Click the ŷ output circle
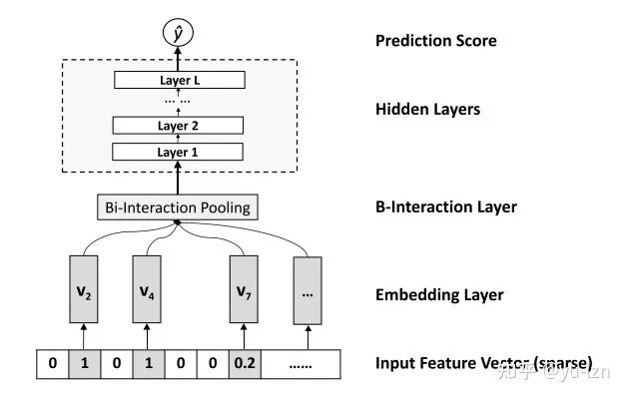tap(178, 33)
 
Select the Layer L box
tap(180, 80)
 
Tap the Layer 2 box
tap(178, 126)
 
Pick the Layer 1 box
tap(178, 152)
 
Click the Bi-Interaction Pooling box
tap(178, 207)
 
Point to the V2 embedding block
tap(84, 289)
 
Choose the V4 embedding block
tap(147, 289)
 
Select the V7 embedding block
tap(244, 289)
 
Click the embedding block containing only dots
tap(308, 290)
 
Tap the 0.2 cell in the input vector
tap(245, 364)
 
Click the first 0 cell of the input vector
tap(53, 364)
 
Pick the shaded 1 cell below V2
tap(85, 364)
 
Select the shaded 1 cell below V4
tap(149, 364)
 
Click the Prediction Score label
tap(436, 41)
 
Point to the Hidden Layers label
tap(428, 110)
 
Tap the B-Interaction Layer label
tap(446, 206)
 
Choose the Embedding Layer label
tap(439, 295)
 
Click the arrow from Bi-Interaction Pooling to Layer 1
tap(178, 178)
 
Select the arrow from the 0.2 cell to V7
tap(244, 337)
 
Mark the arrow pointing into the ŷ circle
tap(178, 59)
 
